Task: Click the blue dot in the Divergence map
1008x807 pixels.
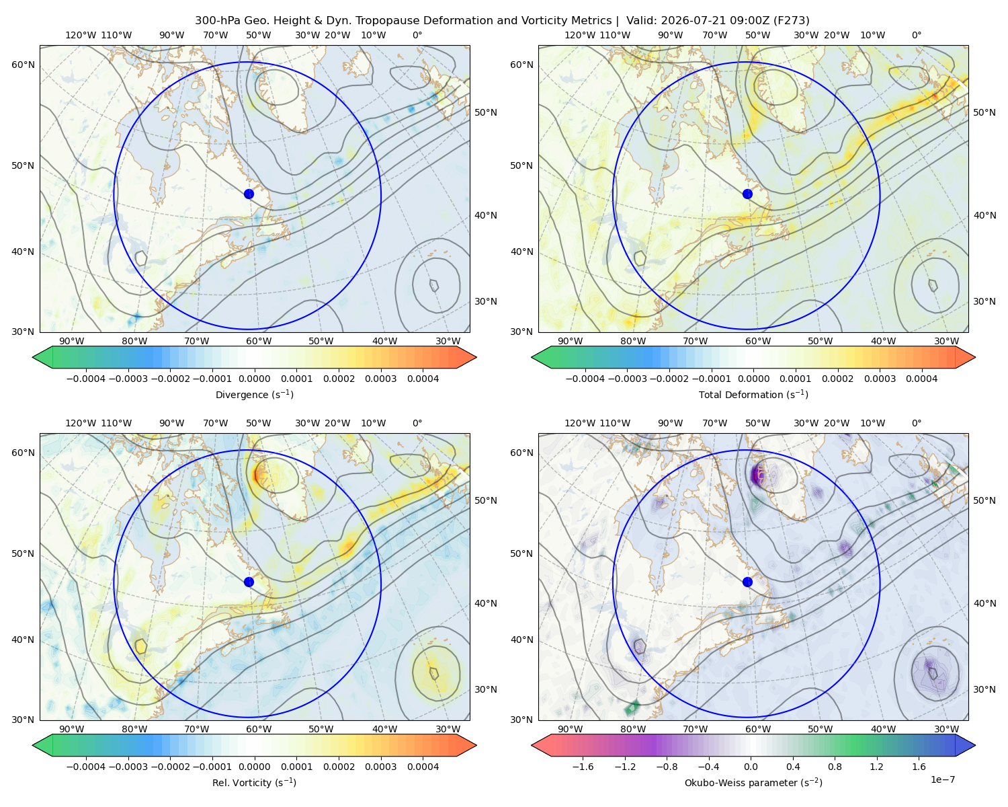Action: click(x=249, y=194)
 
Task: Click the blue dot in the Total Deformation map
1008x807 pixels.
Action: click(x=747, y=194)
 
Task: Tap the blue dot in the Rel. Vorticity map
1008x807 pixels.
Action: click(x=249, y=582)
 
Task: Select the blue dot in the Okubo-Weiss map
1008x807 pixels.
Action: click(x=747, y=582)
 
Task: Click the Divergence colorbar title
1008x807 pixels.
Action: click(x=254, y=395)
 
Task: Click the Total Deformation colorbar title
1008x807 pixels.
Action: click(x=753, y=395)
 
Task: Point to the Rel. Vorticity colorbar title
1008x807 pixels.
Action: click(x=254, y=783)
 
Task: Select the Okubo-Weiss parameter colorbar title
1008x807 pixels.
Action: click(x=753, y=783)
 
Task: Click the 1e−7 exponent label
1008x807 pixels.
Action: click(x=942, y=779)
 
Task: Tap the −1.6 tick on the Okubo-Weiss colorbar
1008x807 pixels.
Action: click(x=583, y=767)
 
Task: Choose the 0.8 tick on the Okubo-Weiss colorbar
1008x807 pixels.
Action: click(x=835, y=767)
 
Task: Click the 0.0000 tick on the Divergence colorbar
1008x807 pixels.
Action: click(x=254, y=379)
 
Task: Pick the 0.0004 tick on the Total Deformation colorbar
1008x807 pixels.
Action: click(x=922, y=379)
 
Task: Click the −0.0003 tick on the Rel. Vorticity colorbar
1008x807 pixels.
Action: click(x=128, y=767)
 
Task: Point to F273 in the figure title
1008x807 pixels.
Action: click(x=793, y=21)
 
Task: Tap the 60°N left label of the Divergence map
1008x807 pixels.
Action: click(x=23, y=65)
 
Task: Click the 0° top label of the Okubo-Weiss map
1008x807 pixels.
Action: click(x=916, y=423)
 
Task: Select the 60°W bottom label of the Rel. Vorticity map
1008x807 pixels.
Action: click(x=259, y=729)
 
